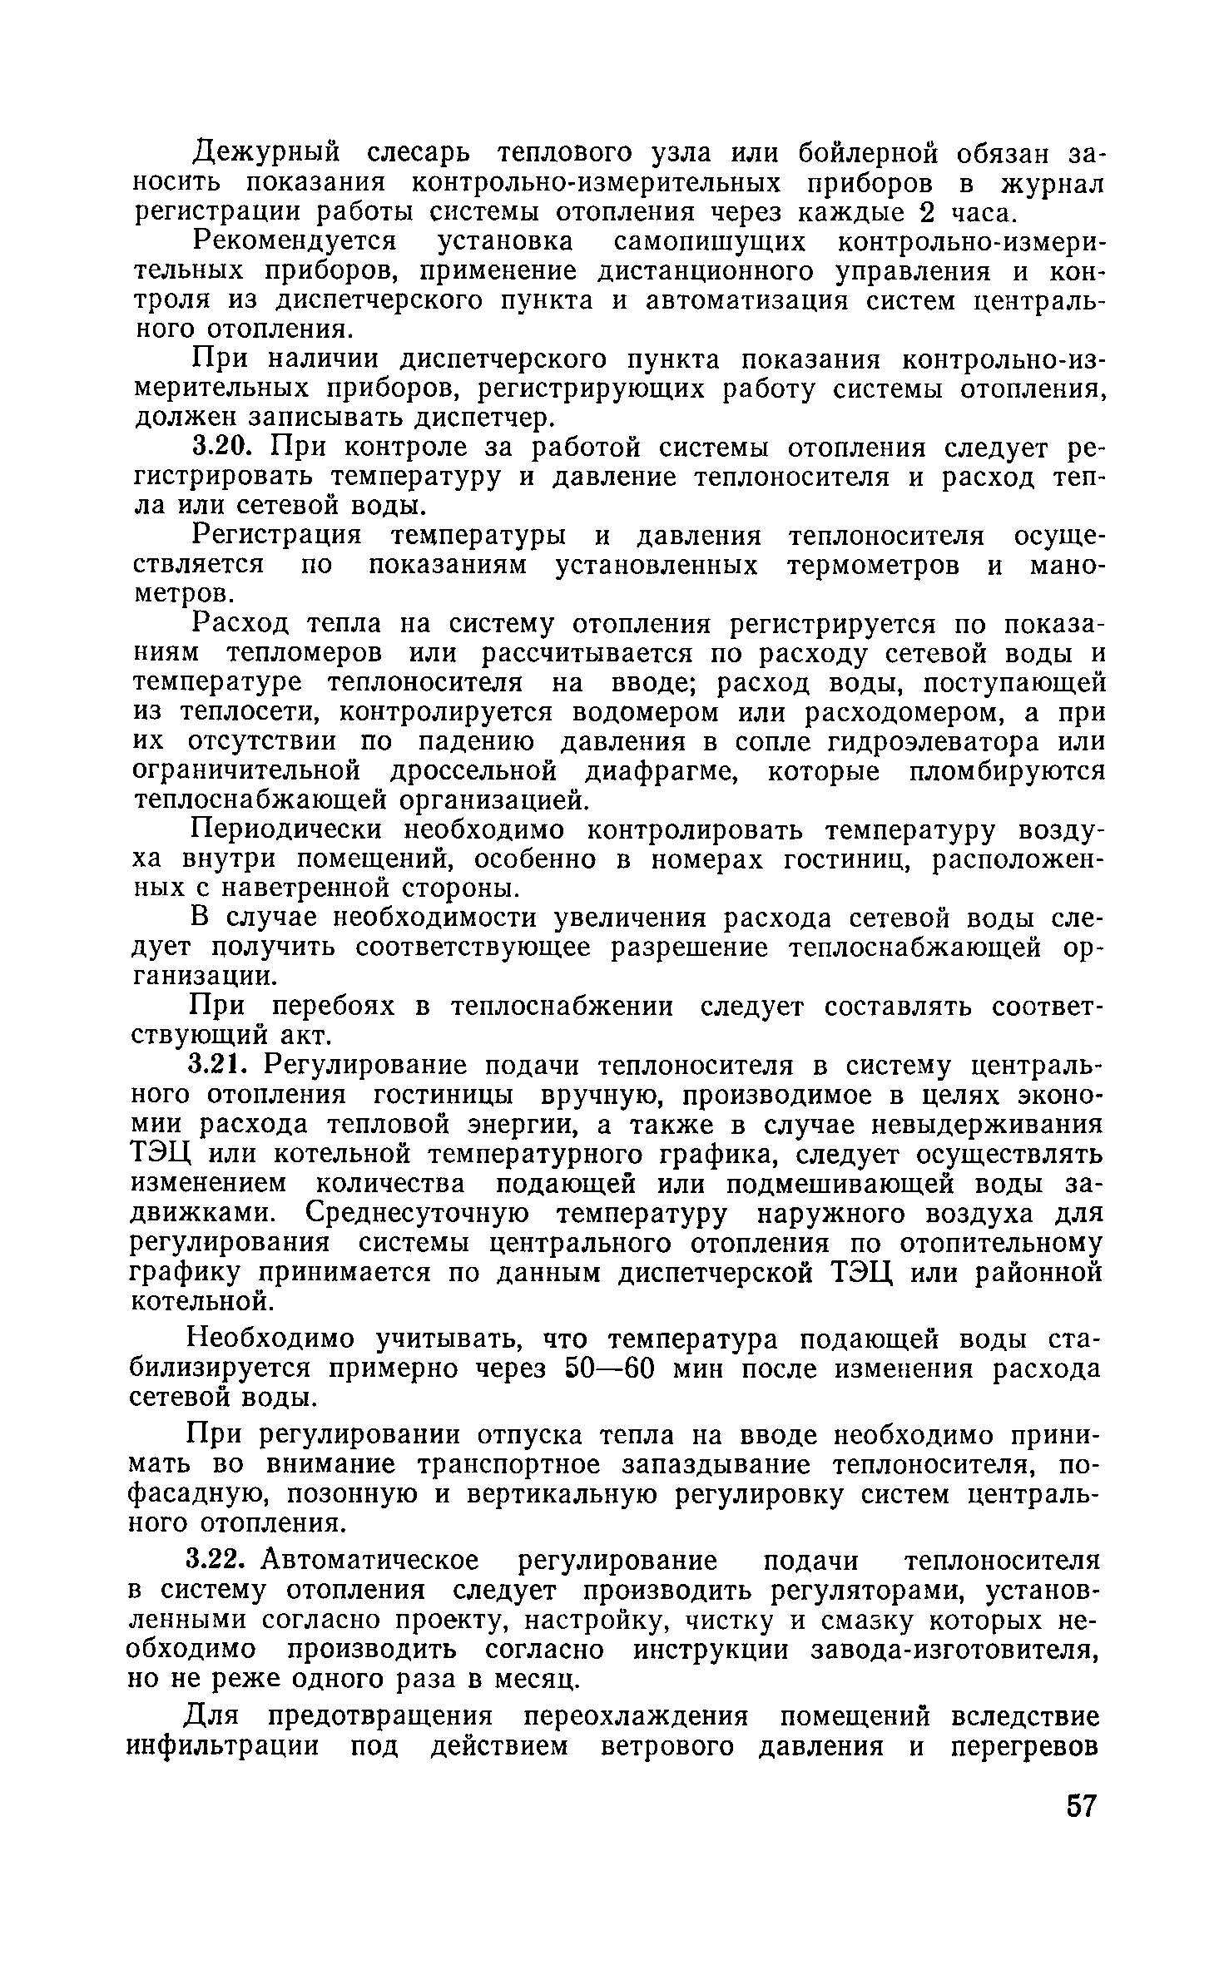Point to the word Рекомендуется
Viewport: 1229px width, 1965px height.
point(295,243)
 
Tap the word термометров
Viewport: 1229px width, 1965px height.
point(876,566)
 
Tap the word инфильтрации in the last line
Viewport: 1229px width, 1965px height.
point(223,1766)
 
